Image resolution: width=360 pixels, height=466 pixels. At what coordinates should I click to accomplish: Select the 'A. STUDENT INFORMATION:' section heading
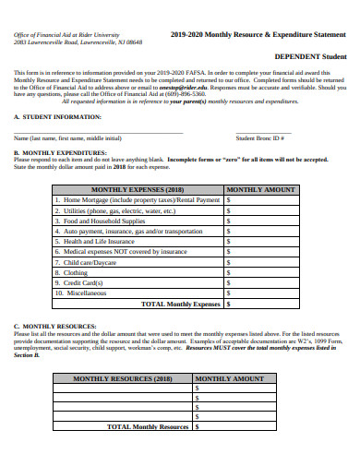(x=54, y=118)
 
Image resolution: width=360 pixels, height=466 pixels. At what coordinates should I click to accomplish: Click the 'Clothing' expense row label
(x=76, y=272)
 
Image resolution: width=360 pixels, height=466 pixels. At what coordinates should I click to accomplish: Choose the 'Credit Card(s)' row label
(x=84, y=282)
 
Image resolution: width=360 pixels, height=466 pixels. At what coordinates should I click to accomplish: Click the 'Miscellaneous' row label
(x=85, y=293)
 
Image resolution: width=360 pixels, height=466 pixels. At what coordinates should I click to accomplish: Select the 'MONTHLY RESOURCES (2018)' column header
(x=123, y=379)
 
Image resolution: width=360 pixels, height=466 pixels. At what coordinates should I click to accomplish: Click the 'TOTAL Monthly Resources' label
(x=148, y=427)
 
